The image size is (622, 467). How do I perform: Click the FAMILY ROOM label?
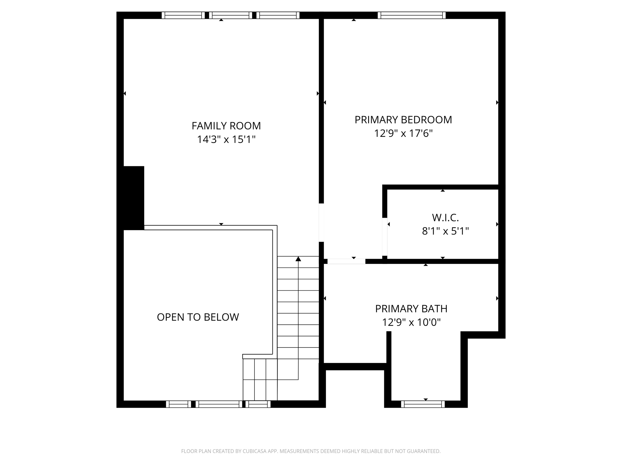(226, 126)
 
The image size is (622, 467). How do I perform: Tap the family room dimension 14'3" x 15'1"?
(226, 140)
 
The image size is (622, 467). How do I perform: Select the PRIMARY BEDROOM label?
(403, 120)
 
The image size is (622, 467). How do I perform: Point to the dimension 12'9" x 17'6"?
(403, 133)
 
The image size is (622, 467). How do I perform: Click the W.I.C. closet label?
(445, 218)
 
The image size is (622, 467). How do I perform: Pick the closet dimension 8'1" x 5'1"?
(445, 231)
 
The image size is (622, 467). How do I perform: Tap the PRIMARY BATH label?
(411, 309)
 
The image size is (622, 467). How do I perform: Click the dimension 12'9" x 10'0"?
(411, 322)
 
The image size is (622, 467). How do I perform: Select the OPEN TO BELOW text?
(198, 317)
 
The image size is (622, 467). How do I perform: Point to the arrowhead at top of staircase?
(298, 259)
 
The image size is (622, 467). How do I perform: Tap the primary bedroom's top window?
(412, 15)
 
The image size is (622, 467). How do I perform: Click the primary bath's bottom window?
(423, 404)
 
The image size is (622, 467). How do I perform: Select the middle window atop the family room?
(231, 15)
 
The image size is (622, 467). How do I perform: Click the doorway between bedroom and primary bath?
(346, 261)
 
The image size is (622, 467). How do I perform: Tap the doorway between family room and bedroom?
(321, 223)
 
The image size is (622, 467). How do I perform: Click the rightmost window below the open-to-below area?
(258, 404)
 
